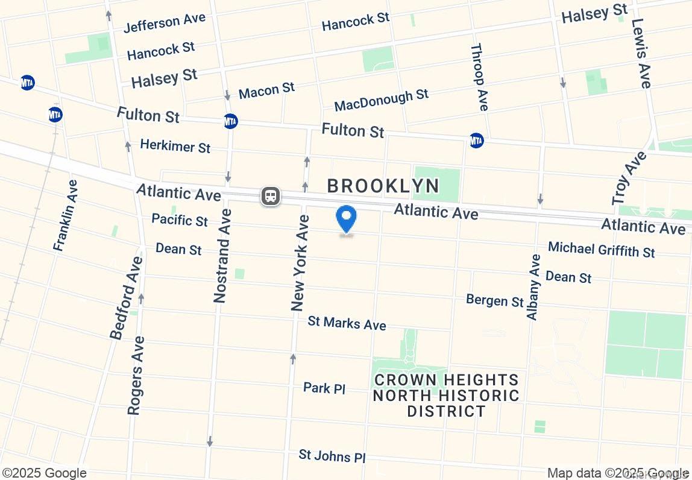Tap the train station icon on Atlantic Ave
[270, 196]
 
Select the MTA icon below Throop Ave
[476, 141]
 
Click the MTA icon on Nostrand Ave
[230, 121]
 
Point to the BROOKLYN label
[383, 186]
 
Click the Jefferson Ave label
[165, 23]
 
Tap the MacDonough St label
[382, 100]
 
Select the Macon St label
[266, 91]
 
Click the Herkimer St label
[175, 145]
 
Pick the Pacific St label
[180, 219]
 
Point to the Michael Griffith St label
[601, 249]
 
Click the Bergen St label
[495, 300]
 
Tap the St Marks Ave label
[347, 323]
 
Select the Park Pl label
[324, 388]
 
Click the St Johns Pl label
[332, 455]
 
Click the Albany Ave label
[534, 287]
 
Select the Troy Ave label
[629, 178]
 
